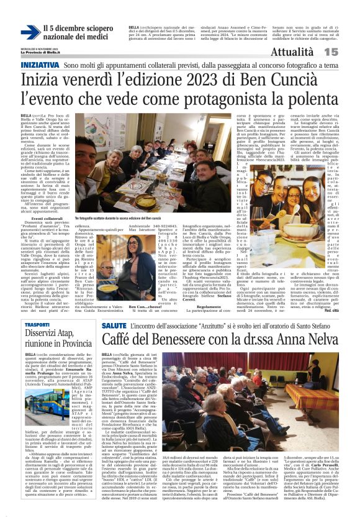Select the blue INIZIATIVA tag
tap(40, 65)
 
